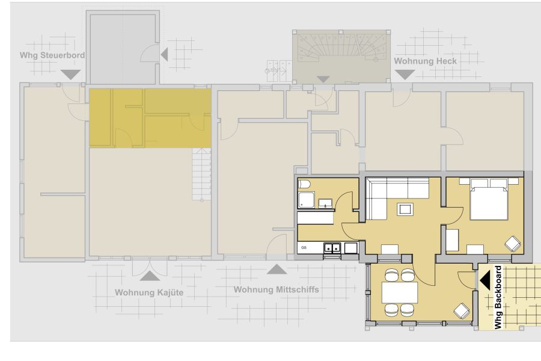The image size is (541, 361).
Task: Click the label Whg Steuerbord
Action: pos(52,55)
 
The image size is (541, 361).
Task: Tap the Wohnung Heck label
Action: pos(425,61)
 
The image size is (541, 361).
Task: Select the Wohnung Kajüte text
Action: pos(149,292)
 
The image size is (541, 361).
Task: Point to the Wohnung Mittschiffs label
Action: pos(276,289)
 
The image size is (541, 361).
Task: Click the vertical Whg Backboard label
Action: pos(498,297)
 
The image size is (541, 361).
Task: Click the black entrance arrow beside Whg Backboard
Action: pos(485,280)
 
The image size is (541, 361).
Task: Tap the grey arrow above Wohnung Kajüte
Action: pos(150,276)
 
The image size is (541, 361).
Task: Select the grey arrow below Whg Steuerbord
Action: pos(71,75)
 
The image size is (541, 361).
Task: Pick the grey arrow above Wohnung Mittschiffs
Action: pos(277,269)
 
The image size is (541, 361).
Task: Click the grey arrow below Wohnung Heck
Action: pos(405,75)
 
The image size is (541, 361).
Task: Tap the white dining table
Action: pos(400,292)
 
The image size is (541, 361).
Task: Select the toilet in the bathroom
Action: pos(304,184)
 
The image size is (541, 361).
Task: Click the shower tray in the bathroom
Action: pos(306,200)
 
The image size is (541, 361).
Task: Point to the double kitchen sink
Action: pos(332,248)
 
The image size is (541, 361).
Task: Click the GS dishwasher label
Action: pos(304,248)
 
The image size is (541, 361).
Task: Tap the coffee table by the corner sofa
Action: pos(405,209)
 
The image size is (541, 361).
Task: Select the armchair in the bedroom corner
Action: pos(513,244)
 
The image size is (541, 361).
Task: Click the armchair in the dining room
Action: pos(462,310)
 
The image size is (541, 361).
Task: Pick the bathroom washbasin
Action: pos(325,203)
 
